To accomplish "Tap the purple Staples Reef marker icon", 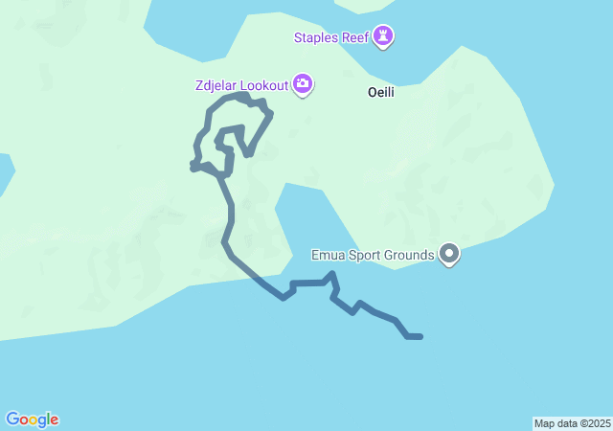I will [383, 36].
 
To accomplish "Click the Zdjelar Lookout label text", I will [240, 85].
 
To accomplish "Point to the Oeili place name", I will [381, 93].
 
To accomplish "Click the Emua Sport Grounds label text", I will [373, 255].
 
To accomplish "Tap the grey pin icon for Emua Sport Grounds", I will [449, 254].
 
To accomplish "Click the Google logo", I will [32, 420].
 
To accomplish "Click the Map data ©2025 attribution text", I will [572, 423].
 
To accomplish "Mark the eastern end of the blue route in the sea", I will [420, 336].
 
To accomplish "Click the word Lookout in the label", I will [263, 85].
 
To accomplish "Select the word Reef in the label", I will [356, 37].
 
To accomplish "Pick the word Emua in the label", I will [329, 255].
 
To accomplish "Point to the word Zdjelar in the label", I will [215, 85].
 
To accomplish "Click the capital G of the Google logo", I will [12, 420].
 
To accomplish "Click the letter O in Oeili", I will [372, 93].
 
